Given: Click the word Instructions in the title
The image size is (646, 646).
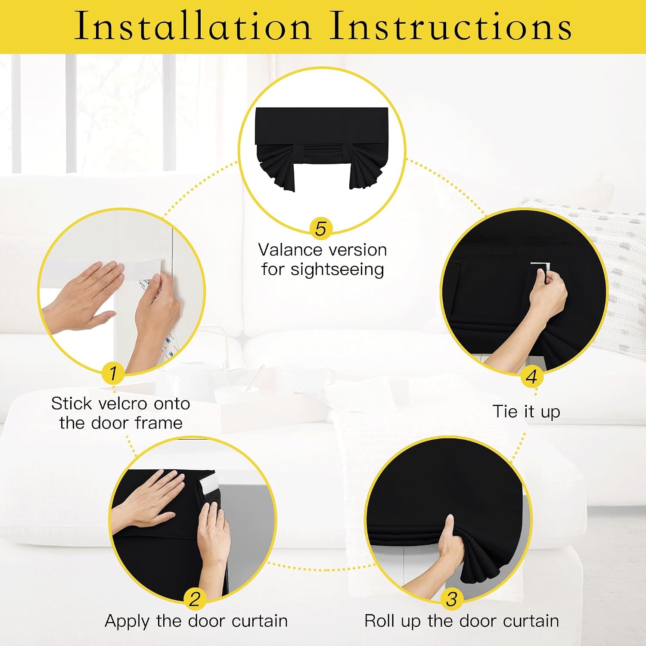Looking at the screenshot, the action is (450, 26).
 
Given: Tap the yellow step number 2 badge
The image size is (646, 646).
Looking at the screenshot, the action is (195, 599).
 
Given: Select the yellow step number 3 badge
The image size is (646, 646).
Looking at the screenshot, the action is (452, 599).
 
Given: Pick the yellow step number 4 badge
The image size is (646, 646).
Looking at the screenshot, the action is (531, 377).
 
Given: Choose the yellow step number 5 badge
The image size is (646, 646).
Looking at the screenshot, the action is (321, 229).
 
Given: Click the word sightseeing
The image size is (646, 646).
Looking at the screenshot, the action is (337, 270).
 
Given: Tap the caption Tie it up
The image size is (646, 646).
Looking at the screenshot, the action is (526, 412).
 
